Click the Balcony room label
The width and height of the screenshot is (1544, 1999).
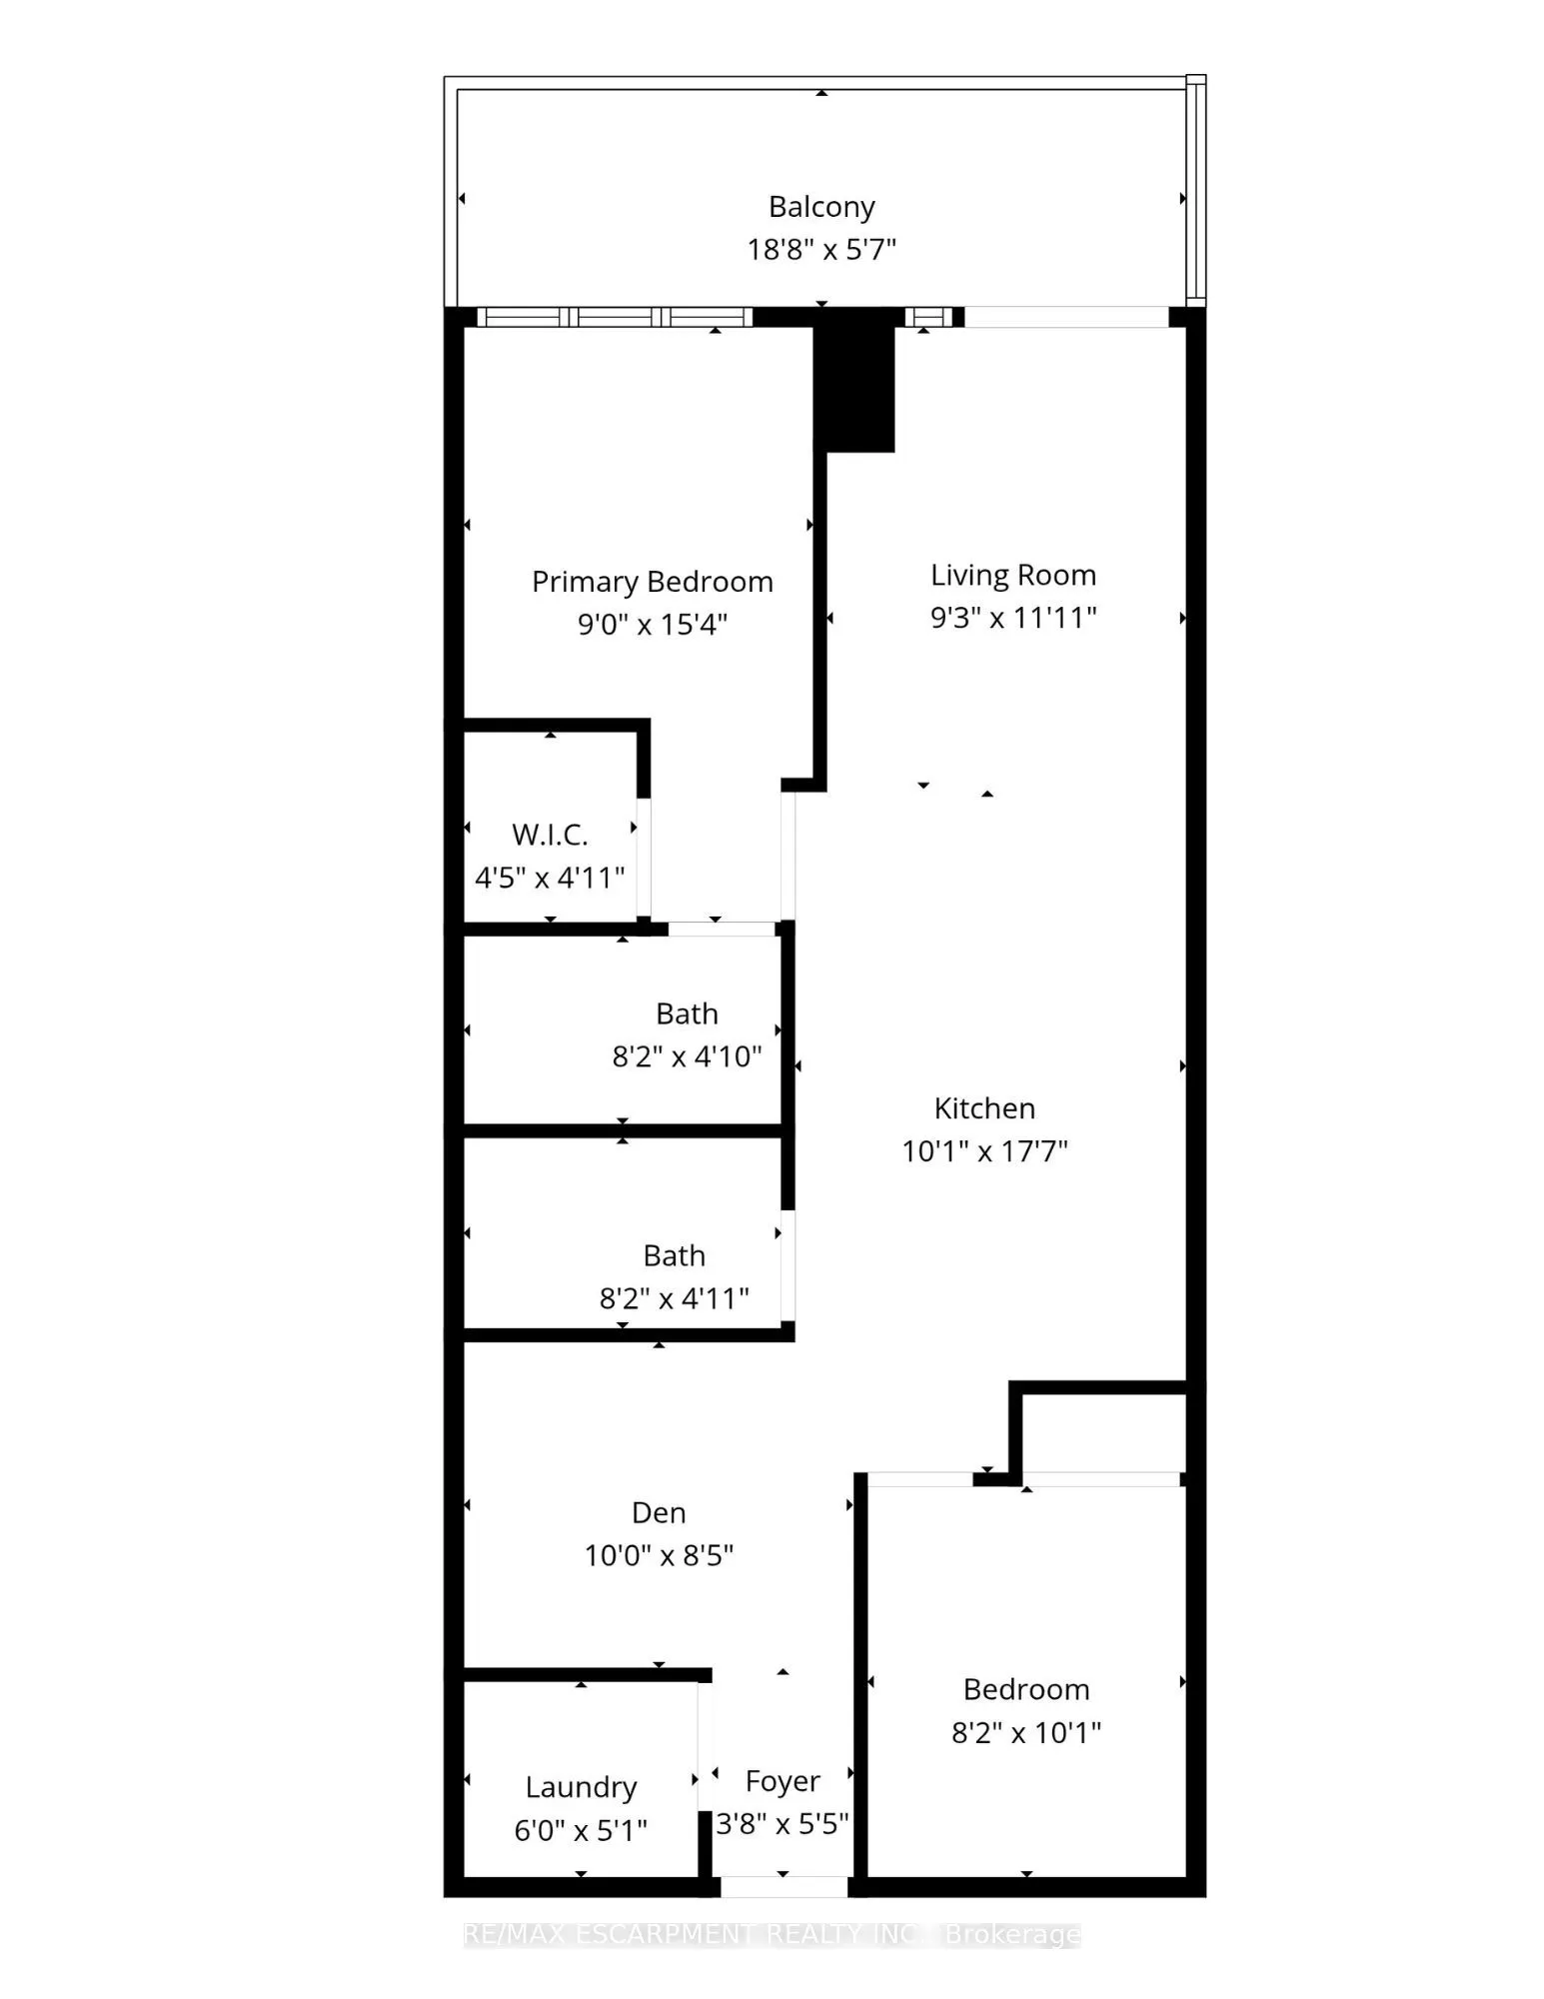(x=821, y=207)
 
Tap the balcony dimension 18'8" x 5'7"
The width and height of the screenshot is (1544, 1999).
(x=821, y=249)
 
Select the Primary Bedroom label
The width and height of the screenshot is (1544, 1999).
(x=652, y=582)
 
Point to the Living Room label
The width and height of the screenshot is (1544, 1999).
(x=1013, y=575)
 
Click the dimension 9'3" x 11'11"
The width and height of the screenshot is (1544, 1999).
(x=1013, y=618)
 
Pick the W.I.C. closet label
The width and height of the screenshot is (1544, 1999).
(x=550, y=835)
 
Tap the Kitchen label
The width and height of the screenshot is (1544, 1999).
(x=984, y=1107)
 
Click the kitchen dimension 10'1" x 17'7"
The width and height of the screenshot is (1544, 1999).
(x=984, y=1151)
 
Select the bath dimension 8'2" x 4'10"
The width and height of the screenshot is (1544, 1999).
(x=687, y=1056)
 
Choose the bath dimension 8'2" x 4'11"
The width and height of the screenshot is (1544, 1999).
(x=674, y=1298)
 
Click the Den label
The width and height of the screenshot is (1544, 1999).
(x=659, y=1512)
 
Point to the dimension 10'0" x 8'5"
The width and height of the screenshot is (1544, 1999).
(x=659, y=1555)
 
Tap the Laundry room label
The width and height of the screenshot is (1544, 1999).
(x=581, y=1787)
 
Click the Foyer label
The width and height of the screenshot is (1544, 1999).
(x=782, y=1781)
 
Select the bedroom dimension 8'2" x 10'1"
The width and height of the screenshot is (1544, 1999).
(x=1025, y=1732)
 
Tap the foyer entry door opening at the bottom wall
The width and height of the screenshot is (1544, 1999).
(x=783, y=1887)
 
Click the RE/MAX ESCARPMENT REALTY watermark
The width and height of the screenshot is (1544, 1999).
(x=772, y=1935)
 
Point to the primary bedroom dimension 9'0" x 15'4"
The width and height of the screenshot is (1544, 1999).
(x=652, y=625)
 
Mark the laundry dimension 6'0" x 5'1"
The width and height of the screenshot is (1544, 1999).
(x=581, y=1830)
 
